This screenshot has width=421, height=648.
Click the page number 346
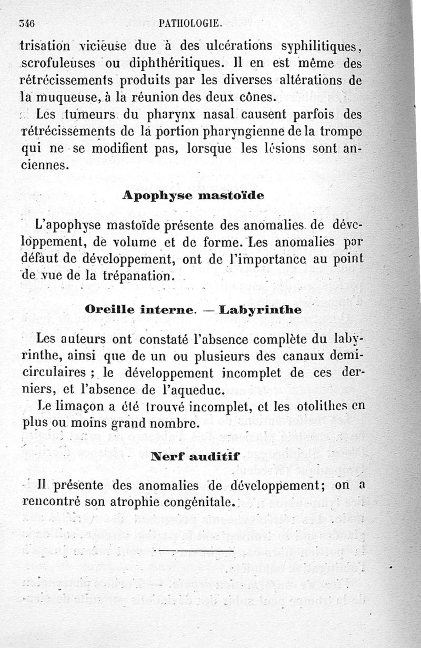tap(26, 23)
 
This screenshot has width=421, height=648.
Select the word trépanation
tap(139, 276)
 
